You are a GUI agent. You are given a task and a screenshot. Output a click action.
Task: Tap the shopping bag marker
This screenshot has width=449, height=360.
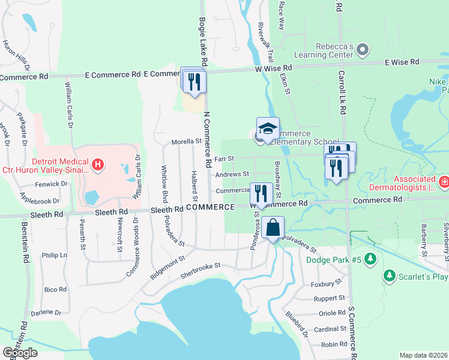(x=273, y=228)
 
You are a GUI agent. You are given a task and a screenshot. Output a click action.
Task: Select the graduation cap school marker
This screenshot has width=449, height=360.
(x=268, y=128)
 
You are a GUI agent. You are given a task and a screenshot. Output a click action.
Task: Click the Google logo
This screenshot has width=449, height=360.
(x=20, y=352)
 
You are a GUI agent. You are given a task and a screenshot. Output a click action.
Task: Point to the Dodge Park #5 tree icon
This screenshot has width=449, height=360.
(x=370, y=259)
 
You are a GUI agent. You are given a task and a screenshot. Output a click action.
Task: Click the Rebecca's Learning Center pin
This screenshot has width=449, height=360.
(x=362, y=49)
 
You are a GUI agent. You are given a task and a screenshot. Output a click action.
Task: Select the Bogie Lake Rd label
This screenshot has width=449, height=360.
(x=203, y=41)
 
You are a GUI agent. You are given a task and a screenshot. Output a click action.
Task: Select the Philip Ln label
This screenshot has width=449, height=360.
(x=55, y=255)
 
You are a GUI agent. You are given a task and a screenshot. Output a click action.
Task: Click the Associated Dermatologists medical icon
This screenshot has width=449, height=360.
(x=444, y=181)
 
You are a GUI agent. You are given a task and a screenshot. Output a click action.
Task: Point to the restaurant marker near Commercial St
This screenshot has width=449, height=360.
(x=261, y=193)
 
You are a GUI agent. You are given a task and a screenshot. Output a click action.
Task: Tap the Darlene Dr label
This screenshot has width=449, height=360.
(x=46, y=313)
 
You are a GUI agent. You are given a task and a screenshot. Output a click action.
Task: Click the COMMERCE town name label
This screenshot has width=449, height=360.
(x=209, y=206)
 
